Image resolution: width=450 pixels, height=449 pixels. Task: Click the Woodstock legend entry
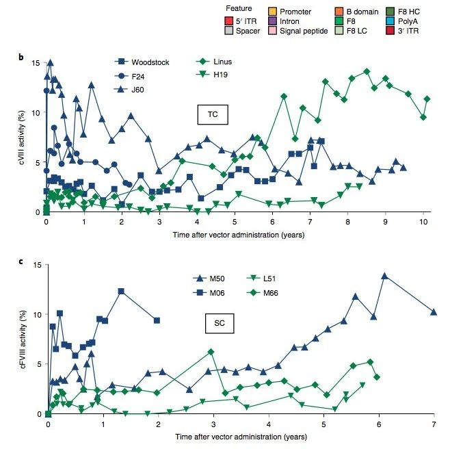[x=149, y=62]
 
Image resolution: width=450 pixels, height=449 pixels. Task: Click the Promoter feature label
[x=295, y=12]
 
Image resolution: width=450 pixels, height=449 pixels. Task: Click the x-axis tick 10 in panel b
[x=424, y=222]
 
